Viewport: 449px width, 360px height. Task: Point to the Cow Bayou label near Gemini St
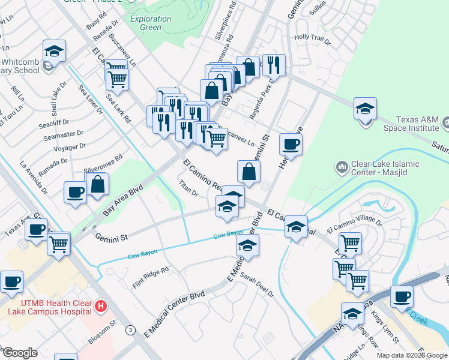pyautogui.click(x=228, y=235)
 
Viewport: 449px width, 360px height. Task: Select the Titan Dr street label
pyautogui.click(x=188, y=189)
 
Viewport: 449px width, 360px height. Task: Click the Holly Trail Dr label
pyautogui.click(x=312, y=40)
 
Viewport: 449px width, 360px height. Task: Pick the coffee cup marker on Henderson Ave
pyautogui.click(x=291, y=144)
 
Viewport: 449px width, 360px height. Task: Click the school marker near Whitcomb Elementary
pyautogui.click(x=54, y=51)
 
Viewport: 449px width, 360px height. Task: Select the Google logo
pyautogui.click(x=20, y=353)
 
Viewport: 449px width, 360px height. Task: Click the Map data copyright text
pyautogui.click(x=412, y=355)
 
